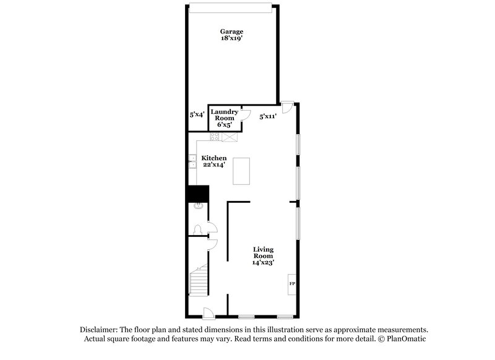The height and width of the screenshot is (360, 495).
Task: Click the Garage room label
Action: click(232, 31)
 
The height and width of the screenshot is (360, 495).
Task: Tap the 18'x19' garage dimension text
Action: click(232, 38)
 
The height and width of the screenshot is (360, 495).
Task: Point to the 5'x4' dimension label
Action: click(197, 114)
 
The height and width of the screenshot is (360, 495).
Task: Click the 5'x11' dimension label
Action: click(267, 115)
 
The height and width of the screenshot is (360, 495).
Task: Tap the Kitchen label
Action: click(213, 158)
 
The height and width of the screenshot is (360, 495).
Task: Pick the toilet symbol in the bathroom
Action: click(197, 230)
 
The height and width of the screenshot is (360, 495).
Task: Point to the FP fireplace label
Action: click(291, 284)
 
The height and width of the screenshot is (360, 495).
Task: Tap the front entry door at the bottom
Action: click(209, 312)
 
